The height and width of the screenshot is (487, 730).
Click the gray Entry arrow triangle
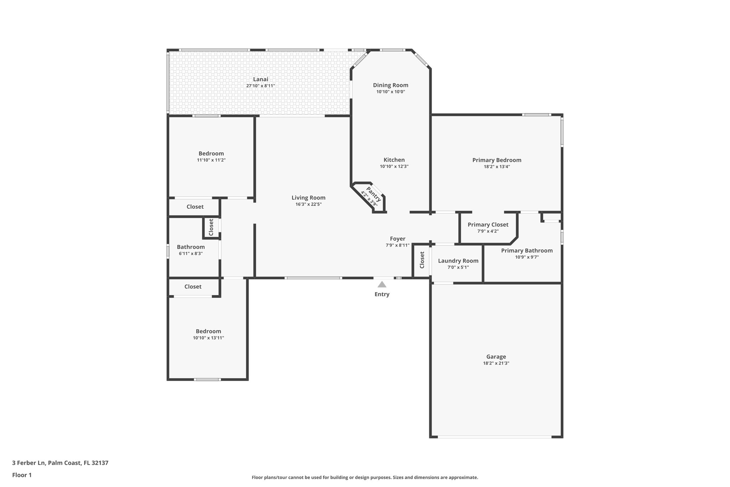[x=382, y=284]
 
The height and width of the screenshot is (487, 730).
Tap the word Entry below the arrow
[x=382, y=294]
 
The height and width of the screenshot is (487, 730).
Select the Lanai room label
[x=261, y=79]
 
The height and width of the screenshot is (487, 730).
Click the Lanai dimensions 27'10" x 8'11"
[x=261, y=86]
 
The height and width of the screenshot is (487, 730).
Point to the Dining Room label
[x=391, y=85]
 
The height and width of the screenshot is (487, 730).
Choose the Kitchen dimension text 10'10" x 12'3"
[x=394, y=167]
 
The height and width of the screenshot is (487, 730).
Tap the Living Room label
[x=308, y=198]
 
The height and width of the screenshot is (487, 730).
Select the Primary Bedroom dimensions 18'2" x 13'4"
[x=497, y=167]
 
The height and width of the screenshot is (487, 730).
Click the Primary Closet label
[x=488, y=224]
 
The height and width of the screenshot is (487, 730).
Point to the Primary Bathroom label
[x=527, y=250]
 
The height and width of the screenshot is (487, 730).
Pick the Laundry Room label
[x=458, y=261]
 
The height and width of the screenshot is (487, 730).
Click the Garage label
[x=496, y=356]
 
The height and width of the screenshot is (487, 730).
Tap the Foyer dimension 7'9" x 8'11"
[x=397, y=245]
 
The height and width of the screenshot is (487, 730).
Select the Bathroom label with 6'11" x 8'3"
[x=191, y=247]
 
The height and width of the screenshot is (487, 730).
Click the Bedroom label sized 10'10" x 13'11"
[x=208, y=331]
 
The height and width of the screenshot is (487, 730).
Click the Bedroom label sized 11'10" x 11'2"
[x=211, y=153]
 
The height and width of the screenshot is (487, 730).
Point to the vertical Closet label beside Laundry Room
[x=422, y=260]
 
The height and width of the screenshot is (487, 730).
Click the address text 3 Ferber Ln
[x=29, y=463]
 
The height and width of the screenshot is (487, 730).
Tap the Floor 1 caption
[x=22, y=475]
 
